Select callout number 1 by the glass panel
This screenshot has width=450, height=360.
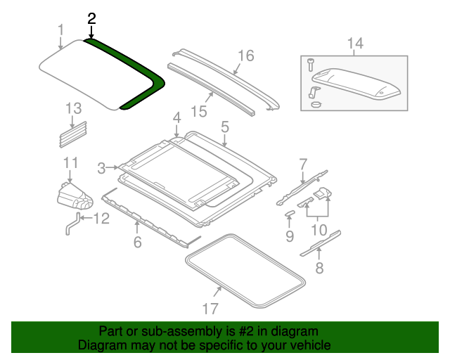(x=60, y=30)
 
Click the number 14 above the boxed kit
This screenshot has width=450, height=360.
(x=355, y=44)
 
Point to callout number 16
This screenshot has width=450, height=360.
(x=245, y=56)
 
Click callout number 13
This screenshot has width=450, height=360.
(x=74, y=108)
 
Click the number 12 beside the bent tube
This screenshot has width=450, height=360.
(x=101, y=219)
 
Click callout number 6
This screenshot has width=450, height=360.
(x=138, y=243)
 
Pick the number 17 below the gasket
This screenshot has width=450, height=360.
(x=210, y=308)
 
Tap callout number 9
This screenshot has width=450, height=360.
(x=290, y=236)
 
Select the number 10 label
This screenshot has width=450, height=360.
(x=319, y=230)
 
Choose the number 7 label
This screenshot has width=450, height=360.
(x=303, y=165)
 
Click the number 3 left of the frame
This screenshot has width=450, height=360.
(x=101, y=168)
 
